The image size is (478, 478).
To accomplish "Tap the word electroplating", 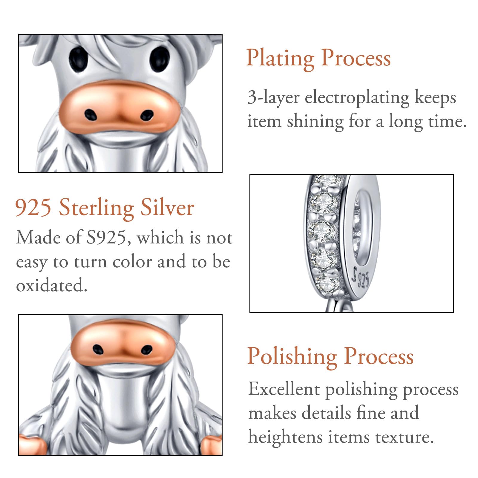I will pyautogui.click(x=357, y=98).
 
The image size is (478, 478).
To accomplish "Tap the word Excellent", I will pyautogui.click(x=284, y=390).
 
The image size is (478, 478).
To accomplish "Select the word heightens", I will pyautogui.click(x=285, y=437).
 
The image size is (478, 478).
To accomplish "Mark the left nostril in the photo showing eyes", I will pyautogui.click(x=90, y=115).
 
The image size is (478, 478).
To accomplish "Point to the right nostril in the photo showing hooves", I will pyautogui.click(x=146, y=349).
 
